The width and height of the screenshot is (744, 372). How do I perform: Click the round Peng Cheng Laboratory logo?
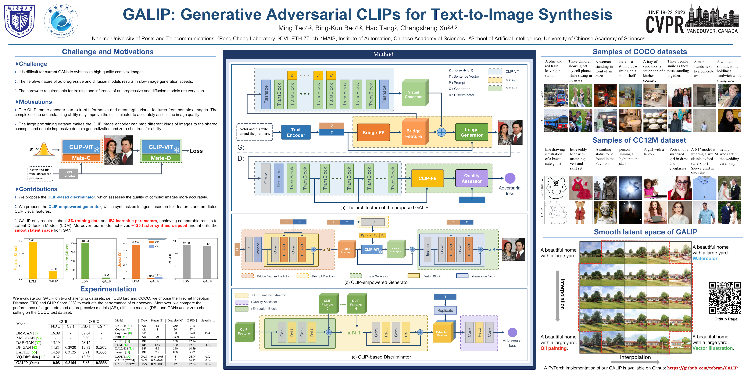pyautogui.click(x=61, y=21)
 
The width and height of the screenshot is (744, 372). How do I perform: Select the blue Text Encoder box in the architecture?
pyautogui.click(x=296, y=132)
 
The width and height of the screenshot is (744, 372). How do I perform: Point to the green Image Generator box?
pyautogui.click(x=471, y=132)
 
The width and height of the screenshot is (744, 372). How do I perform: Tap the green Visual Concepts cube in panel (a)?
pyautogui.click(x=414, y=94)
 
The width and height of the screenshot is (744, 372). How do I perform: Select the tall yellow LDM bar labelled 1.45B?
pyautogui.click(x=33, y=260)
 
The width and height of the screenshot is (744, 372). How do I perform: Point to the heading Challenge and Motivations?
pyautogui.click(x=108, y=52)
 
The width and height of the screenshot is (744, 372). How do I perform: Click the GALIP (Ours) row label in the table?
pyautogui.click(x=27, y=363)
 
